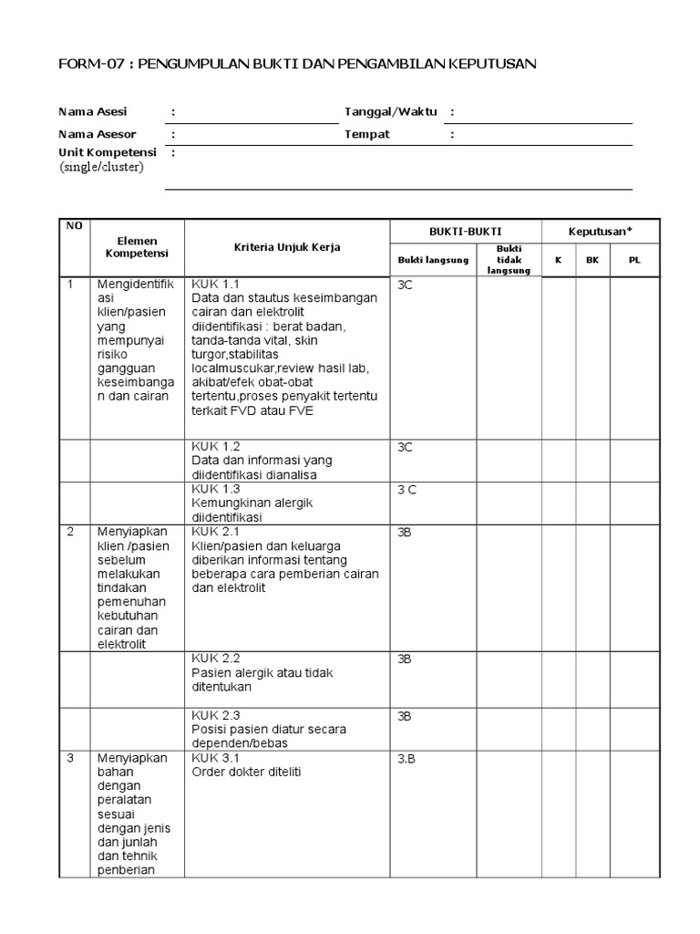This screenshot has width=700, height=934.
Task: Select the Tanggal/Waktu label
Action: [390, 112]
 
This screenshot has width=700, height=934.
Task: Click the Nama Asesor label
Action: [91, 134]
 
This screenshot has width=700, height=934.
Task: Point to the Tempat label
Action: [366, 134]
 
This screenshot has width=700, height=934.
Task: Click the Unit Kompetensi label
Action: [108, 152]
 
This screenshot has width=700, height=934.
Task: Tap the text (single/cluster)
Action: [101, 167]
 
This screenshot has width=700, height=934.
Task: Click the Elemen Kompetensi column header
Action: [131, 247]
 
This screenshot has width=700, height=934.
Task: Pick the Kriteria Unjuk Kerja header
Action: [286, 248]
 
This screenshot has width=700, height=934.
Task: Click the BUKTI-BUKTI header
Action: [466, 232]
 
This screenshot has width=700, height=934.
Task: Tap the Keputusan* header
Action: [601, 232]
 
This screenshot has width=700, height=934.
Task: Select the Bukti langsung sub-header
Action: [433, 260]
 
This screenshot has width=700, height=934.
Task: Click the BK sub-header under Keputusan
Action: [592, 260]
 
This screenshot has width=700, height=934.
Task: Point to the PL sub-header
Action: [634, 260]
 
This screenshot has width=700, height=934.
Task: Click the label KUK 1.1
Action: [215, 284]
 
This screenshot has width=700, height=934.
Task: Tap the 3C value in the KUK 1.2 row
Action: [406, 446]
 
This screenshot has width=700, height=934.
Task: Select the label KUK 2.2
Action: [215, 658]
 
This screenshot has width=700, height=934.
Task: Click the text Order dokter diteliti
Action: [246, 772]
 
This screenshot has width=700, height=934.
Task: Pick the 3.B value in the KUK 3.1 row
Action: [407, 758]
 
